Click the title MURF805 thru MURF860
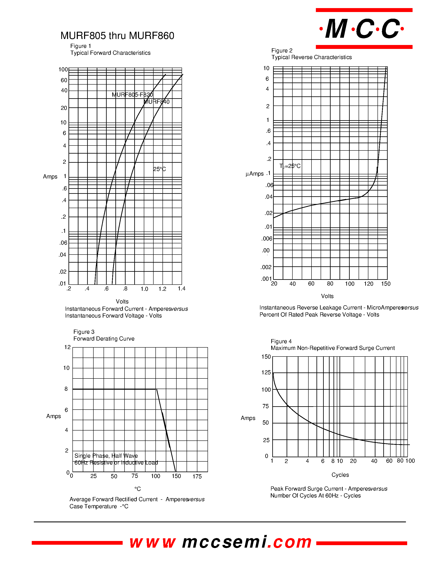[x=117, y=36]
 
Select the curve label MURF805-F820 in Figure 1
[x=132, y=95]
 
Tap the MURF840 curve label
[x=157, y=102]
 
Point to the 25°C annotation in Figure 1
[x=159, y=169]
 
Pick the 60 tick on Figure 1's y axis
[x=64, y=80]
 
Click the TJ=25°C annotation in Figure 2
[x=290, y=166]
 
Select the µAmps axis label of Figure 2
[x=254, y=174]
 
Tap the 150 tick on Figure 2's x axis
[x=386, y=284]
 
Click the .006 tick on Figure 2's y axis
[x=267, y=239]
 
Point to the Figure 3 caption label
[x=84, y=332]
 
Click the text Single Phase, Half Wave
[x=106, y=456]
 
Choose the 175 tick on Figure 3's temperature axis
[x=197, y=476]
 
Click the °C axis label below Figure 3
[x=138, y=489]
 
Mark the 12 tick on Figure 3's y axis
[x=67, y=347]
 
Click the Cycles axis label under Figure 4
[x=340, y=475]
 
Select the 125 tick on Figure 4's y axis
[x=266, y=372]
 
